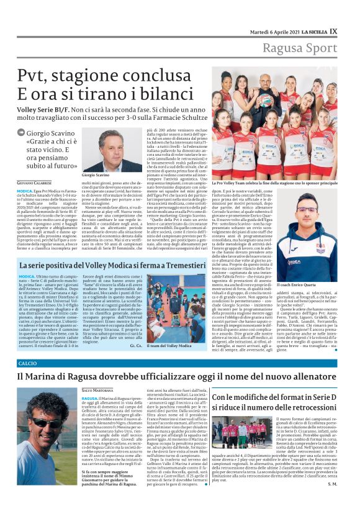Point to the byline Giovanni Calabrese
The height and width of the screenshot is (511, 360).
pos(35,183)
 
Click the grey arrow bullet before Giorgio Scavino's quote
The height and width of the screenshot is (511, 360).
pos(22,132)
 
